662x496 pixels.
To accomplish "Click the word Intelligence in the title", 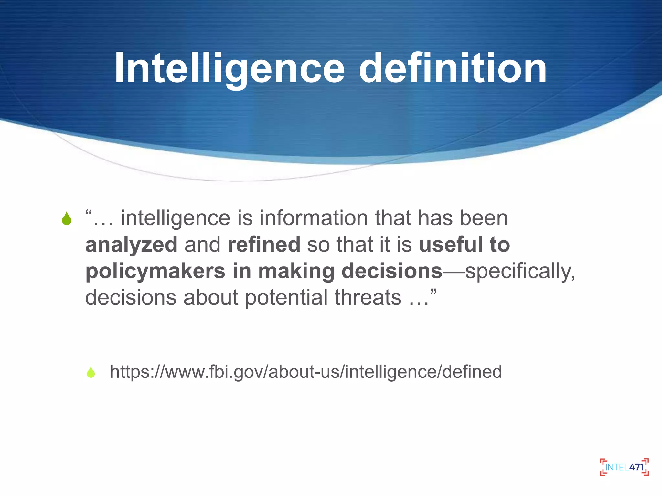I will click(x=230, y=68).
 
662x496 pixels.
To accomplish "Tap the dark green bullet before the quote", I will click(x=67, y=219).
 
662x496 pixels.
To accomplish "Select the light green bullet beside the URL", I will click(x=91, y=372).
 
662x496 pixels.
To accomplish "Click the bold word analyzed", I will click(x=131, y=245).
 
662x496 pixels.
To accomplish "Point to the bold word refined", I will click(x=264, y=245).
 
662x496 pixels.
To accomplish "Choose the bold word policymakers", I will click(x=155, y=271).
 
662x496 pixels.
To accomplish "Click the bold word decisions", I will click(x=392, y=271).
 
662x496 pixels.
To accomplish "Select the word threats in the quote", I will click(x=368, y=297).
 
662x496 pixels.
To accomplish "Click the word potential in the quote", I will click(x=286, y=297).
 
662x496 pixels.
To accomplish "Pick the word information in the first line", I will click(x=314, y=218).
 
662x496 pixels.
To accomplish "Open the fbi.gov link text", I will click(x=306, y=372).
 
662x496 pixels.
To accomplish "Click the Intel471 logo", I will click(x=624, y=467).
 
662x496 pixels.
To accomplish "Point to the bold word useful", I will click(x=451, y=245).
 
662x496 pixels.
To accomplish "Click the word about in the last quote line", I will click(x=211, y=297).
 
